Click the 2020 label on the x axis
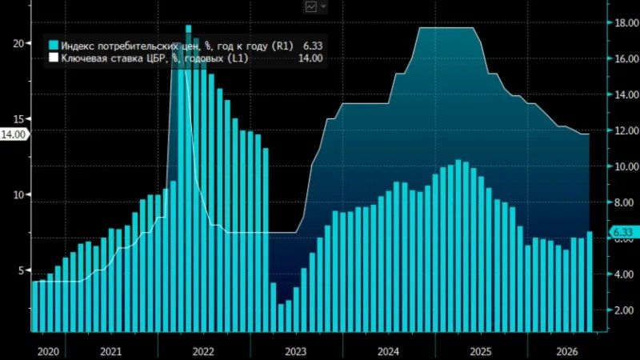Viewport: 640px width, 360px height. (48, 351)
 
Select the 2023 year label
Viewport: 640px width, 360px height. (295, 351)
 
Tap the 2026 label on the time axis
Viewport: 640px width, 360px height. (567, 351)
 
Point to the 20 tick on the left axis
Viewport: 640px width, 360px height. (18, 43)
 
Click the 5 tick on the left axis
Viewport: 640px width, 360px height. (22, 270)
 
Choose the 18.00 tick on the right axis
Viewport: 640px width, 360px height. (627, 23)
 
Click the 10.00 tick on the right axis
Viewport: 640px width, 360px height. (627, 166)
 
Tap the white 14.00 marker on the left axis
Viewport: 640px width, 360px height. (14, 134)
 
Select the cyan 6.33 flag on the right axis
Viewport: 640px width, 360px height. (622, 232)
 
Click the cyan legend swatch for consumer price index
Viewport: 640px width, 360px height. (54, 45)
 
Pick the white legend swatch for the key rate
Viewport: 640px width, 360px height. (54, 57)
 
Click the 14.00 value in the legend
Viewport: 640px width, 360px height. (310, 58)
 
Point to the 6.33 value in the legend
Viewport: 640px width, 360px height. (313, 46)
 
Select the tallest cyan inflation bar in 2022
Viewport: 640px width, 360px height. (188, 178)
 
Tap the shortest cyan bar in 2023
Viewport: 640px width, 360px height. (281, 318)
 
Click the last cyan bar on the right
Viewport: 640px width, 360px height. (590, 282)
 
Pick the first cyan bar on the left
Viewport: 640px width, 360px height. (34, 306)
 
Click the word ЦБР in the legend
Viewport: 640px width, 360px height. (149, 58)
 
